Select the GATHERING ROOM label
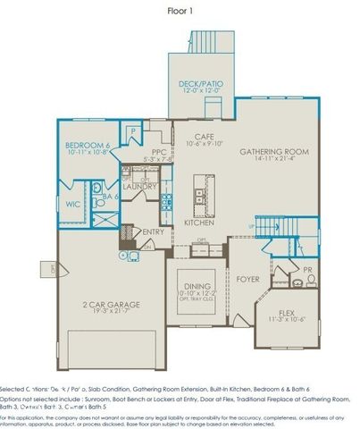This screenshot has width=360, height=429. tap(273, 152)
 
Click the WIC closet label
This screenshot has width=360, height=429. tap(73, 204)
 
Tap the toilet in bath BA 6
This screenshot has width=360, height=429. tap(95, 189)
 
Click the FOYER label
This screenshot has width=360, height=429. tap(247, 279)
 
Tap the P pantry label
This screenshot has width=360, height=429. tap(131, 131)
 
